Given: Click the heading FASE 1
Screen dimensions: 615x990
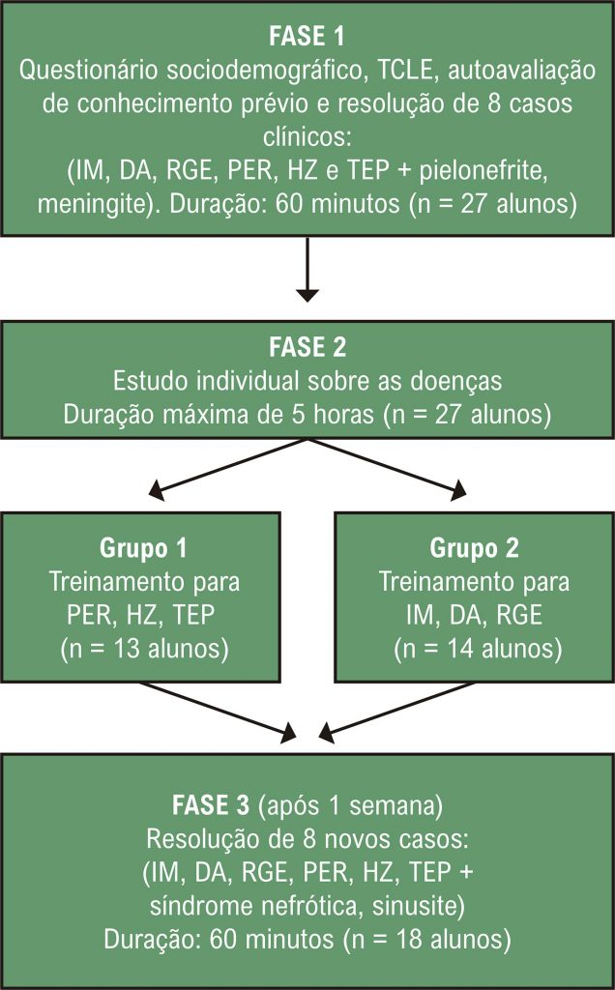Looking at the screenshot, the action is click(307, 36).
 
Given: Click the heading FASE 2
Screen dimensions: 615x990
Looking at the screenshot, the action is click(307, 347).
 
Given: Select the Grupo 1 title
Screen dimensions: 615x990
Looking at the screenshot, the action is click(143, 548).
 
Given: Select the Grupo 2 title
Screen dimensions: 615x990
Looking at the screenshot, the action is click(474, 548).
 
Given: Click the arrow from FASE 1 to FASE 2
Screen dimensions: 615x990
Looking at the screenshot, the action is click(307, 270).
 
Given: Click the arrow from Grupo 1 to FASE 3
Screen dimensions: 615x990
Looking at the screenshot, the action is click(218, 711).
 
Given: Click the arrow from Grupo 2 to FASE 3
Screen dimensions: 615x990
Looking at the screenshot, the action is click(396, 711).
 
